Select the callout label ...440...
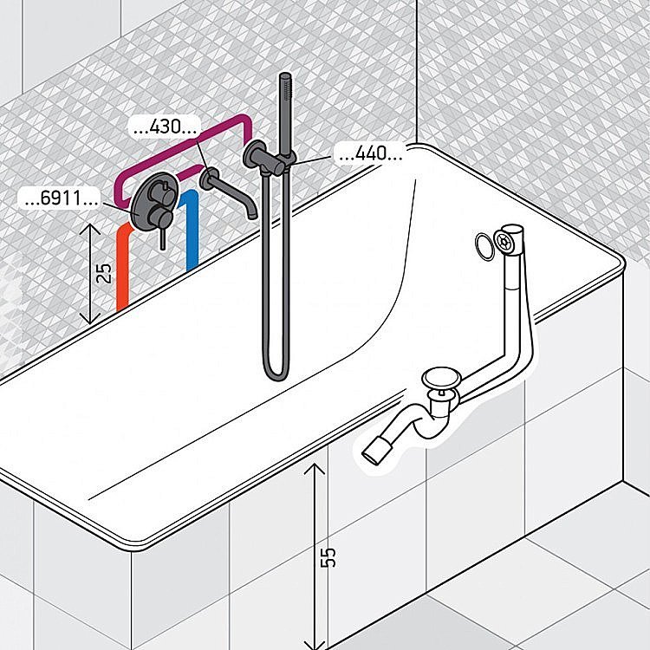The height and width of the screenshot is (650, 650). pyautogui.click(x=370, y=156)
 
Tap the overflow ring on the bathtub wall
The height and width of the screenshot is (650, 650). pyautogui.click(x=483, y=245)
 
